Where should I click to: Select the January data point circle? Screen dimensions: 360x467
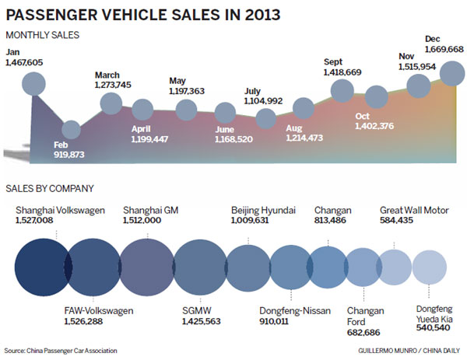(x=33, y=83)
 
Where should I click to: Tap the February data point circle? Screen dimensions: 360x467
(x=71, y=131)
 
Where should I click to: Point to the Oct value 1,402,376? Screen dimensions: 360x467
(x=374, y=127)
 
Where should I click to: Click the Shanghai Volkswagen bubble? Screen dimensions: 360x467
(x=41, y=265)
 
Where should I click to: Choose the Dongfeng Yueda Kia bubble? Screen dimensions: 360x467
(x=431, y=267)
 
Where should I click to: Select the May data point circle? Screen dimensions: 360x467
(x=187, y=109)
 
